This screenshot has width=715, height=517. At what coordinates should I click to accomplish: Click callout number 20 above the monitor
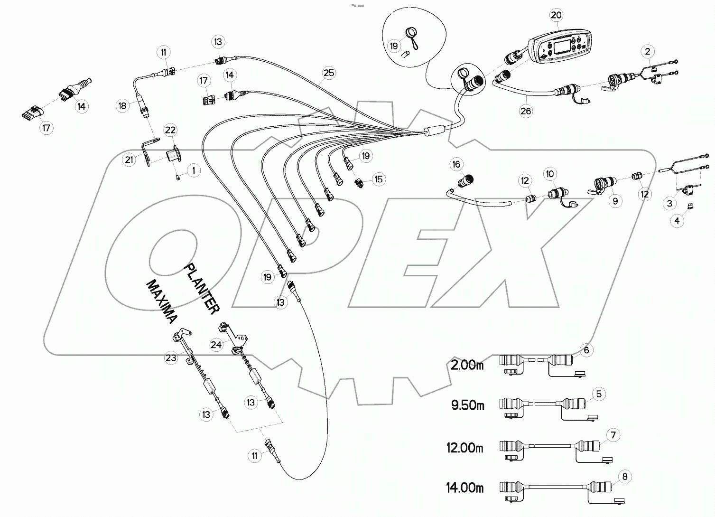[556, 15]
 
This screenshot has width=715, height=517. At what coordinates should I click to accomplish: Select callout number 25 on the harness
[329, 73]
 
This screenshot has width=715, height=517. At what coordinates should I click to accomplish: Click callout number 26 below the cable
[526, 111]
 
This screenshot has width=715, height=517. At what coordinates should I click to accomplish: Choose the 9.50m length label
[467, 406]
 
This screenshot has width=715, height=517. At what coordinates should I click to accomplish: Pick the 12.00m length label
[465, 447]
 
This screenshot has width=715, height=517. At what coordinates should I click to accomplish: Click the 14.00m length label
[465, 488]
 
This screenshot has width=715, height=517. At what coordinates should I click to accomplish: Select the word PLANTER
[202, 289]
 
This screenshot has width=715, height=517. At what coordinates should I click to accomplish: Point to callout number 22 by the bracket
[170, 130]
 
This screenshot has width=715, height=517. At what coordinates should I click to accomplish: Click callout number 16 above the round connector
[456, 165]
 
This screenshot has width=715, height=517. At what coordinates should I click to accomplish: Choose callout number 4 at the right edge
[677, 221]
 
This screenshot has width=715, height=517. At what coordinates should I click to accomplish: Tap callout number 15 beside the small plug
[378, 179]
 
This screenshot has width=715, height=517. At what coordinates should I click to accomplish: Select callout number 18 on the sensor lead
[123, 105]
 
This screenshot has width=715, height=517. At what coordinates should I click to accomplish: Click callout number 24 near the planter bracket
[216, 345]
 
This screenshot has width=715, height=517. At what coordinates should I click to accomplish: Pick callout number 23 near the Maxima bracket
[171, 358]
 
